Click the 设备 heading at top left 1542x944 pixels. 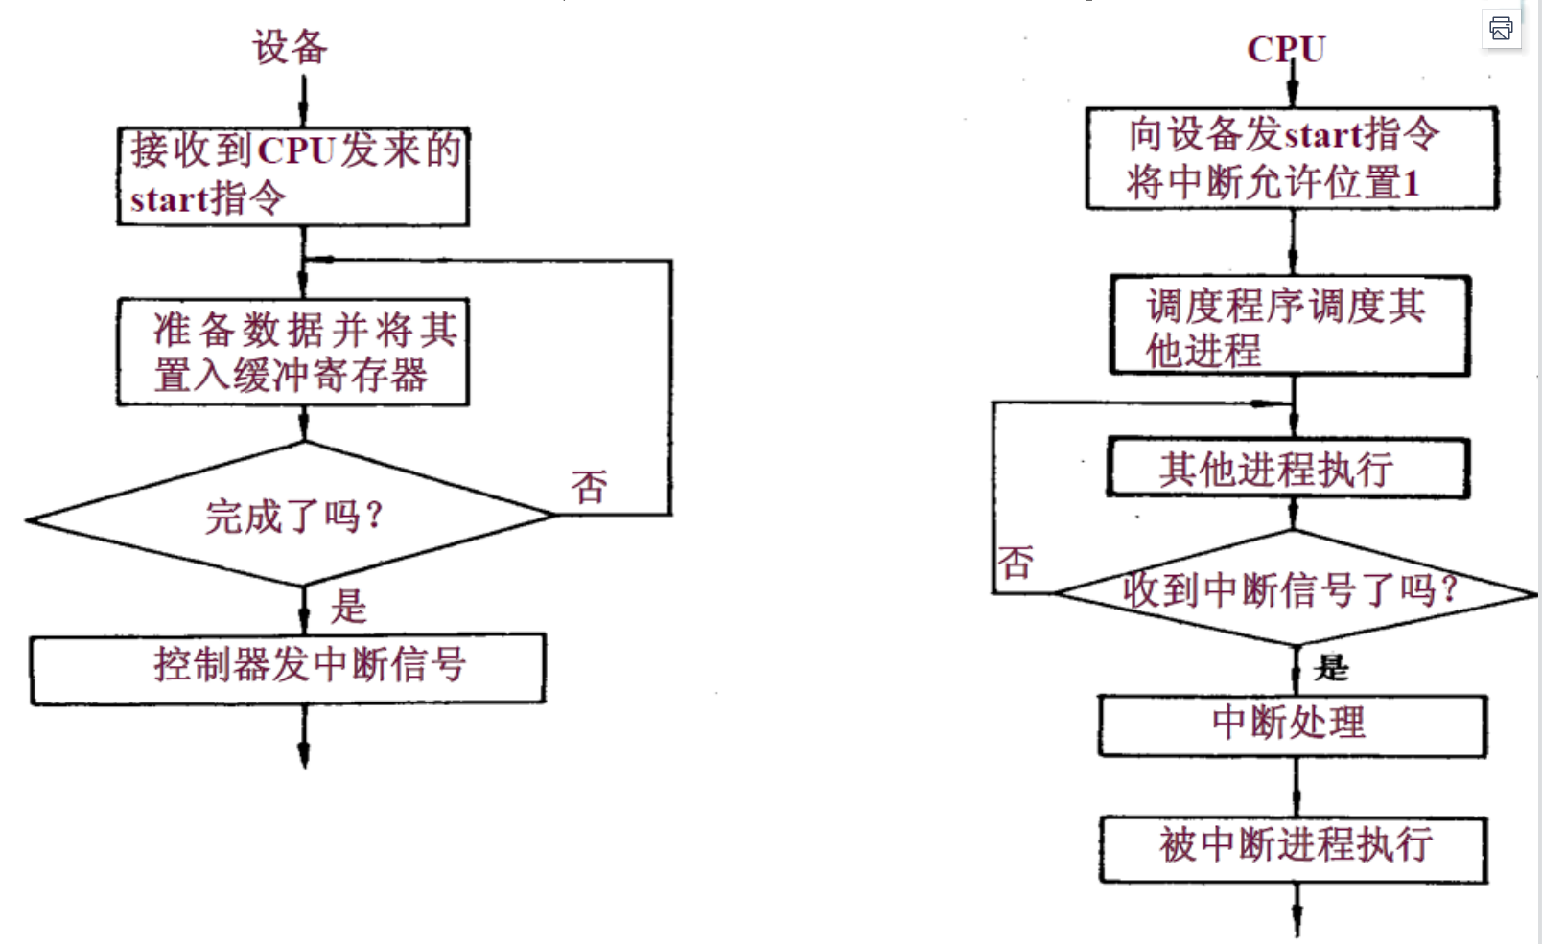(290, 47)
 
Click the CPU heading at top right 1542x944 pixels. (1286, 49)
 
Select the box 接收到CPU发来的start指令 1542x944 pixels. (293, 176)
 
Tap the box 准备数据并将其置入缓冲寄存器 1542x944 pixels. (293, 352)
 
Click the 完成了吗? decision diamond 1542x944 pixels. (292, 517)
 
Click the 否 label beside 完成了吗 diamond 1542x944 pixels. (590, 487)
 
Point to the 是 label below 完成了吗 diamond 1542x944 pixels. (349, 607)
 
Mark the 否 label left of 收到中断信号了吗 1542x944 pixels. (1016, 563)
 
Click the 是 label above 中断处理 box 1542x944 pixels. (1331, 667)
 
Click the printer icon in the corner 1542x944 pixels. (1501, 29)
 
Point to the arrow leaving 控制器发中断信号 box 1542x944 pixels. (304, 738)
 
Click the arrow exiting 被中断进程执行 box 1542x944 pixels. (1297, 910)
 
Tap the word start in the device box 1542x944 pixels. (169, 200)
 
